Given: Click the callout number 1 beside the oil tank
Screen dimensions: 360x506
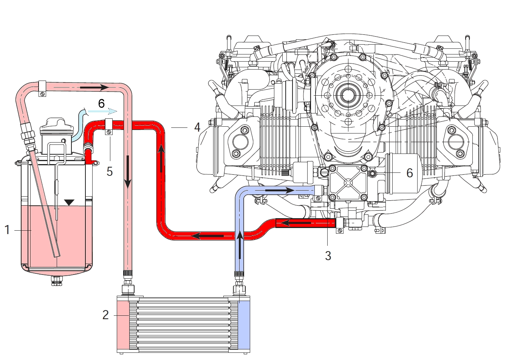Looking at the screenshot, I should (x=7, y=230).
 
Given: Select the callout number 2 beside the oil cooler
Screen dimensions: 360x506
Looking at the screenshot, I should (x=106, y=315).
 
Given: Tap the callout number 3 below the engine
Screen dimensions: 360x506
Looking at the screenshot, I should (x=328, y=256).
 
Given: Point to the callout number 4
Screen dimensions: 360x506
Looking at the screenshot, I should (x=197, y=127).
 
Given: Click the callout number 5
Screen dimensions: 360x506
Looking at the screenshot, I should (x=110, y=171).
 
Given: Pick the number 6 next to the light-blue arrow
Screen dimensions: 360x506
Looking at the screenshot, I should (x=101, y=103).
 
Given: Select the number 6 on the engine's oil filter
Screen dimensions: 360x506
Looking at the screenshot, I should (x=410, y=173).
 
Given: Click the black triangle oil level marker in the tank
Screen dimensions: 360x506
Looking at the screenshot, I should (x=68, y=202).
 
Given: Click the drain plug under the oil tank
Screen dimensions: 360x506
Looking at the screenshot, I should (x=57, y=281).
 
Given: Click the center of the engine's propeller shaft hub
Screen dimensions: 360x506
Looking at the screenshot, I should (x=346, y=95).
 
